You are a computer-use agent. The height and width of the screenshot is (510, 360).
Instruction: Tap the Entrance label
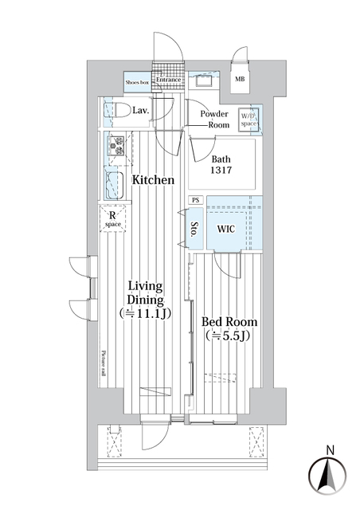pos(169,80)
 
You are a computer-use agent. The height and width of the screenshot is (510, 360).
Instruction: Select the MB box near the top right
pos(240,79)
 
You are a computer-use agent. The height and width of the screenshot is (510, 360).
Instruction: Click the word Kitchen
pos(153,180)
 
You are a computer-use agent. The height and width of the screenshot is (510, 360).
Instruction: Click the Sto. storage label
pos(194,230)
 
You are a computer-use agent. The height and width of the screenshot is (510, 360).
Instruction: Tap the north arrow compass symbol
pos(327,475)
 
